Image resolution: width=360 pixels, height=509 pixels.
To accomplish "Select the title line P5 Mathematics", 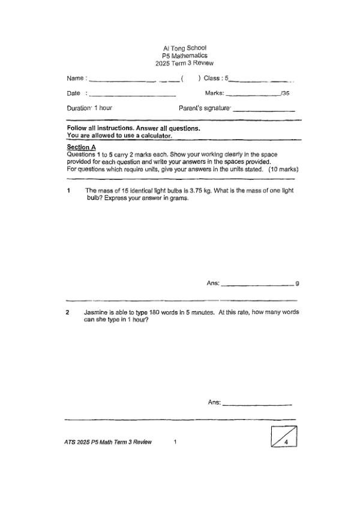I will coord(184,55).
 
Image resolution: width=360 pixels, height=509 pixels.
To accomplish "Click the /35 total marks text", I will coord(286,94).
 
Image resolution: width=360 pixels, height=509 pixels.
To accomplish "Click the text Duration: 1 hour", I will coord(89,108).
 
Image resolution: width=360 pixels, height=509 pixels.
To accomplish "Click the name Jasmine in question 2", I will coord(95,312).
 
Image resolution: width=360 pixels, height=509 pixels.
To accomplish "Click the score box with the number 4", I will coord(284,436).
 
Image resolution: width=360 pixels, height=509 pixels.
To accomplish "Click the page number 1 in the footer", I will coord(175,442).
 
